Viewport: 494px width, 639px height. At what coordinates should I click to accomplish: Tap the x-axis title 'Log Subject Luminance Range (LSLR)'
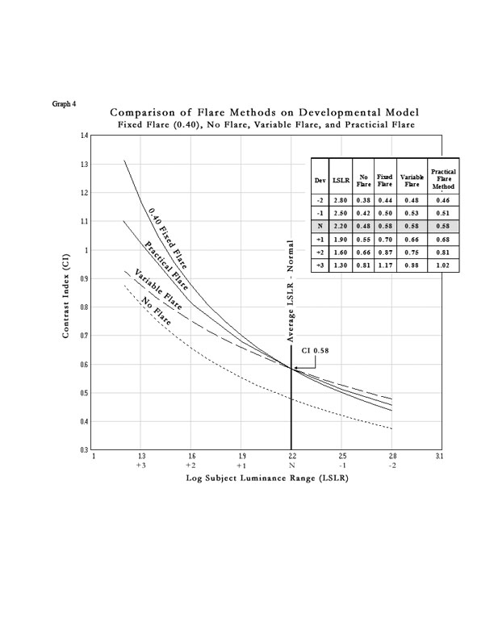[x=266, y=478]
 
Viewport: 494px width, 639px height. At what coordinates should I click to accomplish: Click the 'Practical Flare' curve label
[x=167, y=264]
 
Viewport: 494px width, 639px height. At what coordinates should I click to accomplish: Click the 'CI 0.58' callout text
[x=316, y=352]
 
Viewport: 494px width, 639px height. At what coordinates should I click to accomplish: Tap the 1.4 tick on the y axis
[x=85, y=136]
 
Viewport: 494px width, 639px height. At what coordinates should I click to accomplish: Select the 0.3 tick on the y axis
[x=85, y=449]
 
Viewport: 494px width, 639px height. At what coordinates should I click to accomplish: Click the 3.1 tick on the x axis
[x=441, y=457]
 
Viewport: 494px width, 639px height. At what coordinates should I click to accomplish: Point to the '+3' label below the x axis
[x=141, y=466]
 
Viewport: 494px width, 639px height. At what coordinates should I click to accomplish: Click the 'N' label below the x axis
[x=291, y=466]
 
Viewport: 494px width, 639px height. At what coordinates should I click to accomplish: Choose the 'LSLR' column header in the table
[x=339, y=182]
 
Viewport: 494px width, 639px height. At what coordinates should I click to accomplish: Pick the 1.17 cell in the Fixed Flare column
[x=385, y=264]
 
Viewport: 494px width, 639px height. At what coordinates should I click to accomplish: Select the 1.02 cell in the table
[x=442, y=264]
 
